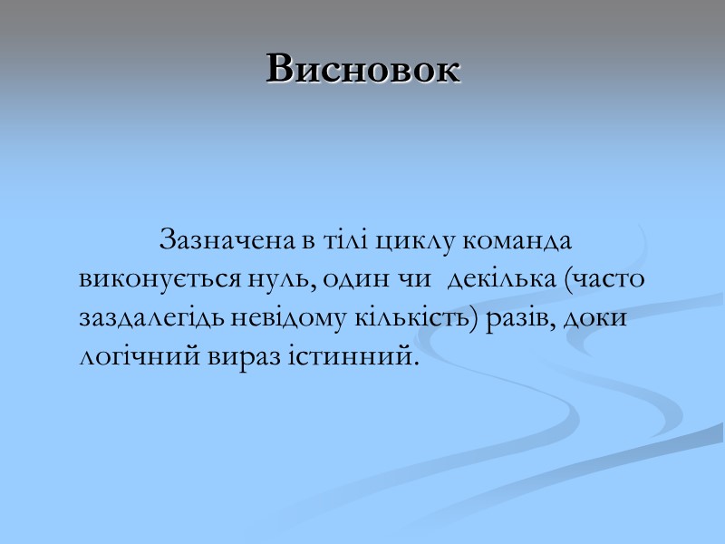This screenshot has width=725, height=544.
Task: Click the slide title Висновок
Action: coord(363,69)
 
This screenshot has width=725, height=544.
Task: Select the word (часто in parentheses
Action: coord(604,280)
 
